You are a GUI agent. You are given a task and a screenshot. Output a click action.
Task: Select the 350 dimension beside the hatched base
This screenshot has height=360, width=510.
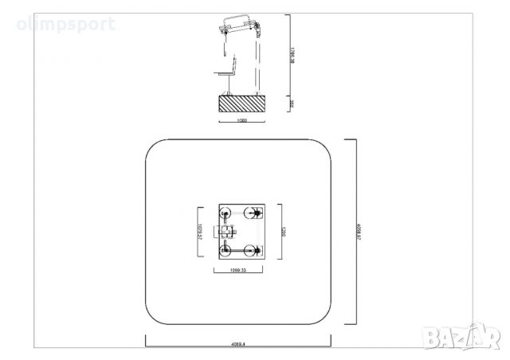[292, 104]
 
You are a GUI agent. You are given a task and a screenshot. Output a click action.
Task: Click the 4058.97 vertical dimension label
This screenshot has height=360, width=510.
[360, 232]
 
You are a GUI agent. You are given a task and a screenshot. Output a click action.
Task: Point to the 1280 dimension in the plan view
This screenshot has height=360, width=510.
[281, 232]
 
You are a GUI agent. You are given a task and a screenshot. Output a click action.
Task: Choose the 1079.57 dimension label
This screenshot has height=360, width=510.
[199, 232]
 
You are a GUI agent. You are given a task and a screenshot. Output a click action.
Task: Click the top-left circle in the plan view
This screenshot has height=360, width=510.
[226, 213]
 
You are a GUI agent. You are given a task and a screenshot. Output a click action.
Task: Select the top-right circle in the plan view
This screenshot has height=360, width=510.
[256, 213]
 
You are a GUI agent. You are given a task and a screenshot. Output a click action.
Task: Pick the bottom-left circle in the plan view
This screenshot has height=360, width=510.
[226, 251]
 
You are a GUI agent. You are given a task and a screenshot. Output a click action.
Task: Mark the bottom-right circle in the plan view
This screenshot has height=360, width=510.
[256, 251]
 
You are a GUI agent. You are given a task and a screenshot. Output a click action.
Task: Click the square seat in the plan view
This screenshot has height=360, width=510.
[226, 233]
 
